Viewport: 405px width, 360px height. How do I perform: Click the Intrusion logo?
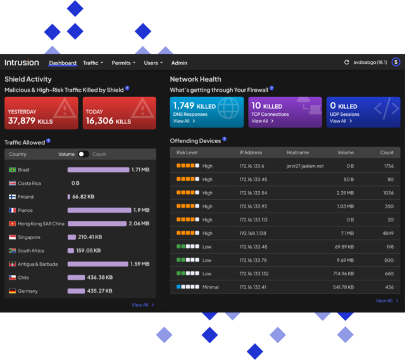pos(22,63)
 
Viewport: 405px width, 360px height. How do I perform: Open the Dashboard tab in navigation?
pos(63,63)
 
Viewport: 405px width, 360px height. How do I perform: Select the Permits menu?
pos(123,63)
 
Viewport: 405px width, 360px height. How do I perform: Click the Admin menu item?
pos(179,63)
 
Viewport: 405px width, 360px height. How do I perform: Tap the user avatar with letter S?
pos(396,62)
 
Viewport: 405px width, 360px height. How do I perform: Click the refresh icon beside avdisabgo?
pos(346,63)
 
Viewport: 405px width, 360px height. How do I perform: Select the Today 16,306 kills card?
pos(119,113)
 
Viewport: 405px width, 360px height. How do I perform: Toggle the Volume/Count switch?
pos(84,154)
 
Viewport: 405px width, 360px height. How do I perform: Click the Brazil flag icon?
pos(12,170)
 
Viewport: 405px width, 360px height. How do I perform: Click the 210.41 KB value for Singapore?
pos(90,237)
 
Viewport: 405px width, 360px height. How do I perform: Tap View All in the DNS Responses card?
pos(183,121)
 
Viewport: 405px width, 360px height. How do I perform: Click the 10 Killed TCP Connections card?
pos(285,113)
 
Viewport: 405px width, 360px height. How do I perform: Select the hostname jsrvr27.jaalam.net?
pos(305,166)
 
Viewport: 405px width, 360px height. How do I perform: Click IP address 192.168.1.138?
pos(253,233)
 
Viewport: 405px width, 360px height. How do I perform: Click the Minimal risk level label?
pos(211,287)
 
